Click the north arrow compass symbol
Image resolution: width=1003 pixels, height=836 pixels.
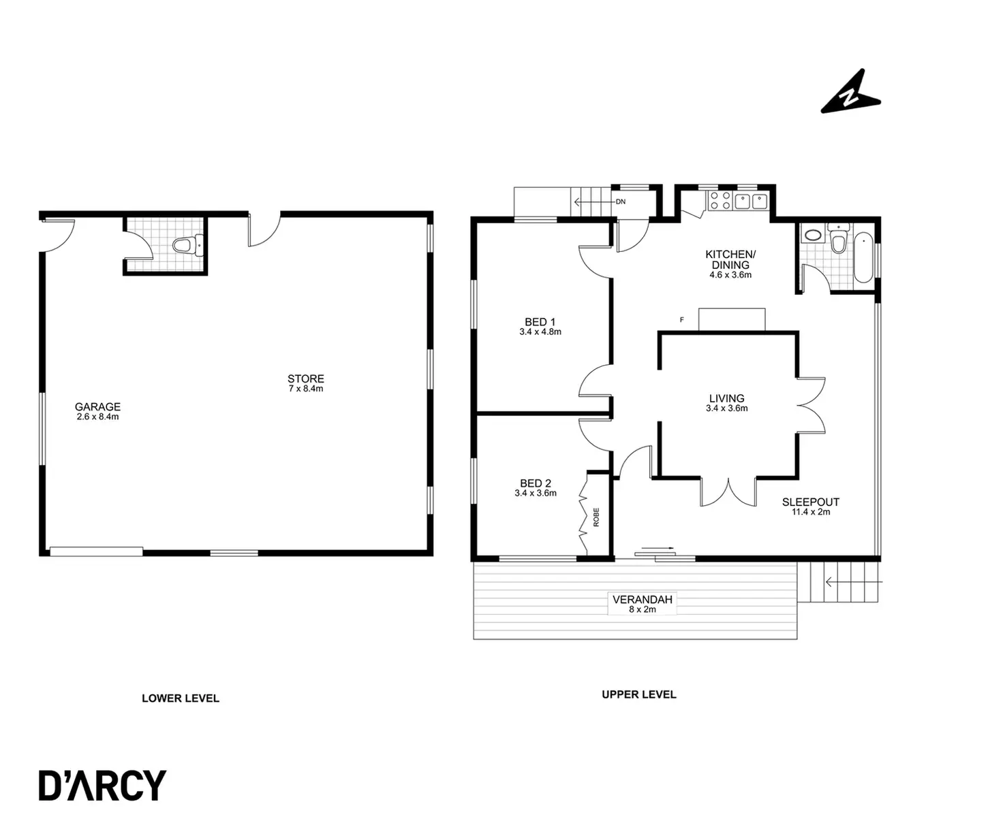coord(850,93)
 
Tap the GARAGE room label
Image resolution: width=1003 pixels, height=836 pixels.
coord(97,407)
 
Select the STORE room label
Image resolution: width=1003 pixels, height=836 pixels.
coord(305,379)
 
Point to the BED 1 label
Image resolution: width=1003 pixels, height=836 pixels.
coord(540,322)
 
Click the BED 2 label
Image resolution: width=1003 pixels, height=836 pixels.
coord(535,484)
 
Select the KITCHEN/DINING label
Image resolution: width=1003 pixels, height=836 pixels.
coord(730,259)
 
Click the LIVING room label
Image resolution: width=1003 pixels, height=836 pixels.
coord(726,398)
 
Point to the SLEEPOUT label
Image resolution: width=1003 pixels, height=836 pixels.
coord(810,502)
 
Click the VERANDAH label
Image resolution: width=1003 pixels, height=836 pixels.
coord(642,600)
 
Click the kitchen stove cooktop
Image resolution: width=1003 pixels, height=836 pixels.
coord(720,201)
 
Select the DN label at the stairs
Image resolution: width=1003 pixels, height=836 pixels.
coord(621,202)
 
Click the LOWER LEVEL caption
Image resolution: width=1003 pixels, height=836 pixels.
coord(181,698)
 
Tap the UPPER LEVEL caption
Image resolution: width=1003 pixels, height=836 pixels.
coord(638,694)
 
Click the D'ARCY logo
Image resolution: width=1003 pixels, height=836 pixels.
coord(102,786)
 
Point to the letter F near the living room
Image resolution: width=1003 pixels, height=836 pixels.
coord(681,319)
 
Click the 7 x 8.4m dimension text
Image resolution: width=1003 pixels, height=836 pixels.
coord(305,389)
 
